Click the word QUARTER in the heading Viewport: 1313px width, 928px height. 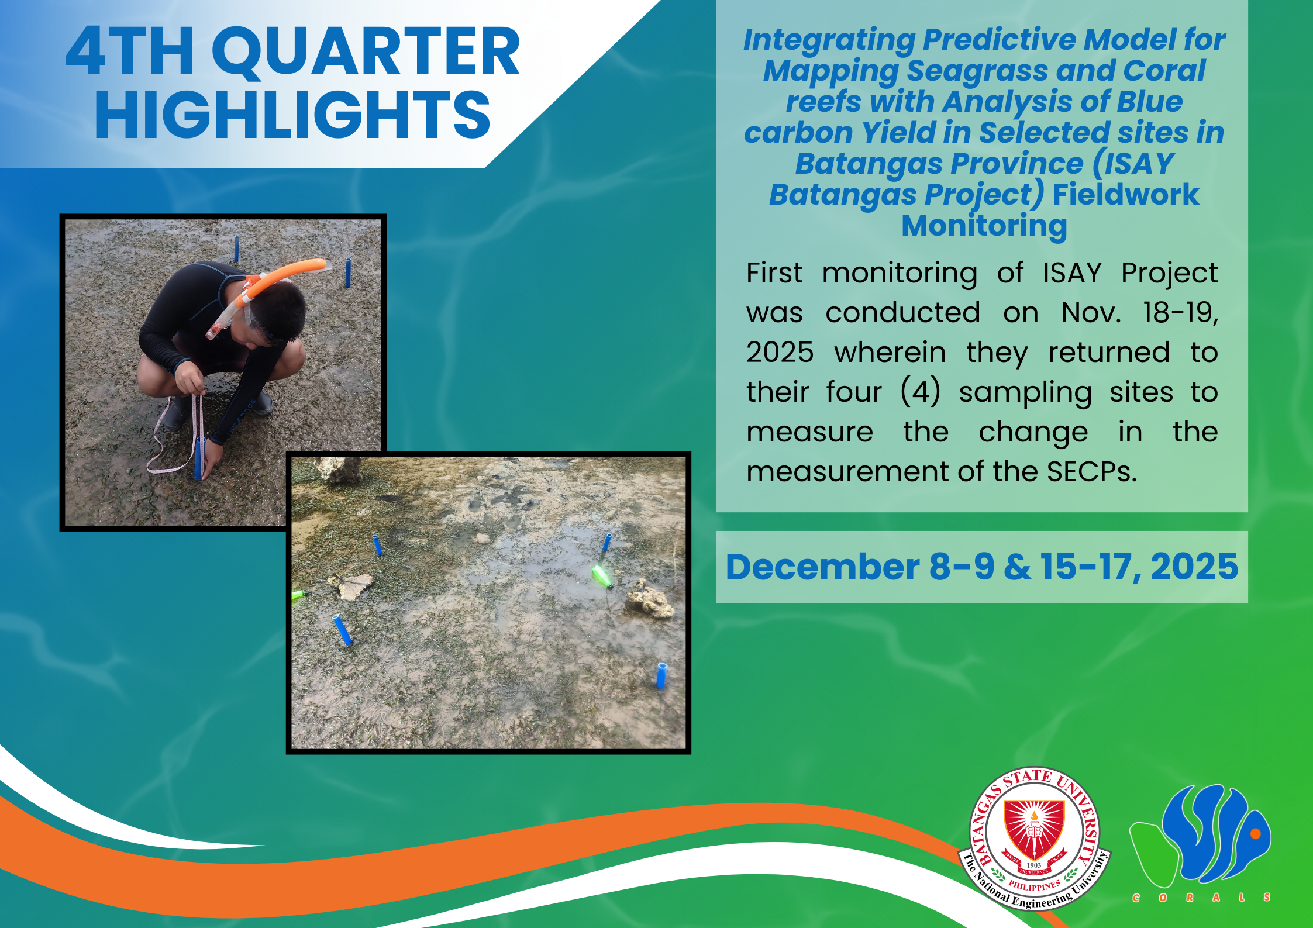366,53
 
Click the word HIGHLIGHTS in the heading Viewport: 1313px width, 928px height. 292,115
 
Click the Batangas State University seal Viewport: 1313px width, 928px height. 1034,839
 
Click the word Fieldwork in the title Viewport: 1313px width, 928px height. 1126,194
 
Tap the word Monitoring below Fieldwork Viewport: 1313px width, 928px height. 984,226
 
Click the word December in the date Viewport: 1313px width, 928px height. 822,567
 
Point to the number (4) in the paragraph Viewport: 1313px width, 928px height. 920,392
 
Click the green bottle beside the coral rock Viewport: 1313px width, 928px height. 602,575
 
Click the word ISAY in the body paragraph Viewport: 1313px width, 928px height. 1072,273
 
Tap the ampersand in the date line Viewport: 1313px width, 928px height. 1018,567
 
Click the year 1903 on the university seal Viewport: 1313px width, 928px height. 1034,865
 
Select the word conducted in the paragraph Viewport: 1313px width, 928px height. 902,313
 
